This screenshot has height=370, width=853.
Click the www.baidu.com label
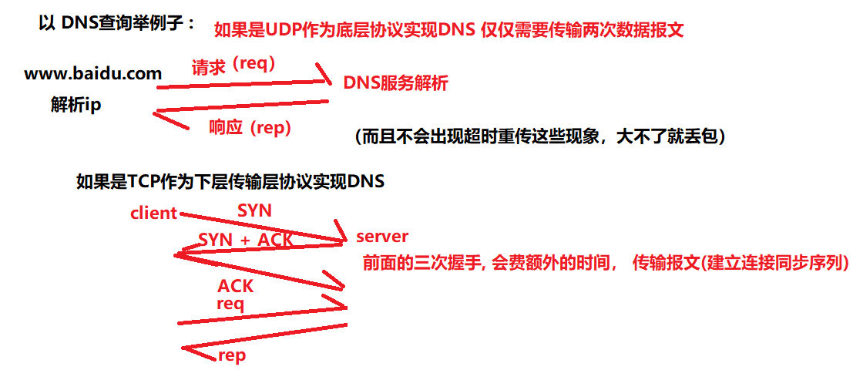tap(93, 75)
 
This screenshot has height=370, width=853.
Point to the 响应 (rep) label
tap(250, 128)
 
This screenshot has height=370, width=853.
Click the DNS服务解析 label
tap(395, 84)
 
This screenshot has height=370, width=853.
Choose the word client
tap(154, 214)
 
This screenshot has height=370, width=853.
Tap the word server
tap(382, 236)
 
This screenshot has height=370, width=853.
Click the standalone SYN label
tap(254, 210)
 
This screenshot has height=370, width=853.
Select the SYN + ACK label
tap(246, 240)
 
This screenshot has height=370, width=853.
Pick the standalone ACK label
tap(236, 286)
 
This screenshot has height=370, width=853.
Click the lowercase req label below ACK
tap(230, 304)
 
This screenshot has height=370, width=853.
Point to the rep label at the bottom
tap(232, 355)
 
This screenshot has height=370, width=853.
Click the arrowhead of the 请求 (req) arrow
tap(327, 78)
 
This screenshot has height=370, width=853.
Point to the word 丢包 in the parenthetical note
tap(697, 136)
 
